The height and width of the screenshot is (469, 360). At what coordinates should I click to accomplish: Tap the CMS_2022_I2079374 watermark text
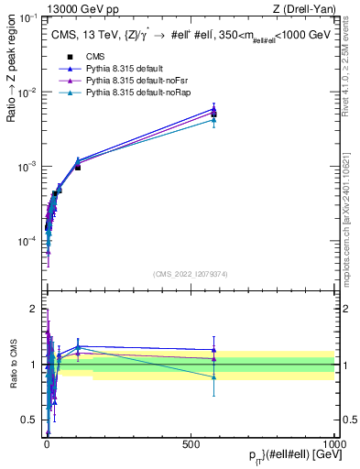click(x=190, y=273)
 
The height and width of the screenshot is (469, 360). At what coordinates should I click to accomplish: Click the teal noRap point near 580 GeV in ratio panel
click(x=213, y=376)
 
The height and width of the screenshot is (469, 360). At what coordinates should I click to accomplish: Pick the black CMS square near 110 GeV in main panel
click(x=78, y=168)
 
